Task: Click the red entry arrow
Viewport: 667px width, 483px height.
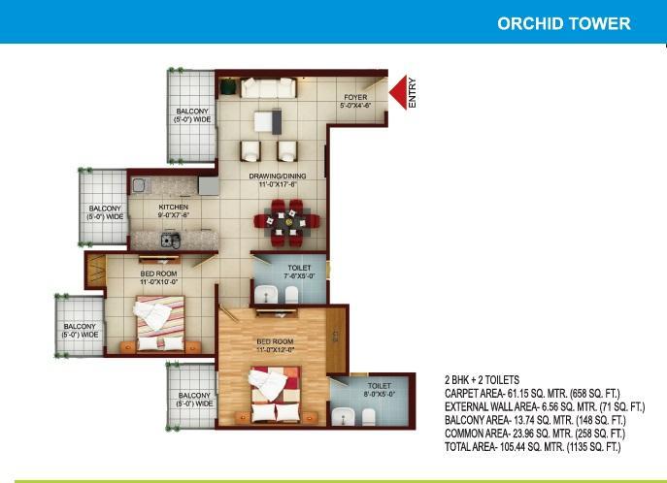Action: coord(398,92)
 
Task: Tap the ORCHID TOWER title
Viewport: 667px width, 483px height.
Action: coord(564,23)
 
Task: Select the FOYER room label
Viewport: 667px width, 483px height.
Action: coord(355,97)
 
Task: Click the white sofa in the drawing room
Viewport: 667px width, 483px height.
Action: coord(268,88)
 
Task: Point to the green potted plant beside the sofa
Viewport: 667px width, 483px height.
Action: coord(228,86)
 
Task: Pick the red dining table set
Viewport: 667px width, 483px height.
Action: coord(287,223)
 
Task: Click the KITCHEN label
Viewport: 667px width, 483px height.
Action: coord(173,207)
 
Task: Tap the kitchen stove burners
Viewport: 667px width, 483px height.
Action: coord(170,240)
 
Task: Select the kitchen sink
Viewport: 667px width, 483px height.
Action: coord(140,185)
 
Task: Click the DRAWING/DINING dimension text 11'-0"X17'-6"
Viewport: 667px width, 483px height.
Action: coord(278,184)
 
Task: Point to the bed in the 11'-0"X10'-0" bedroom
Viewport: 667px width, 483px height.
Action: coord(160,323)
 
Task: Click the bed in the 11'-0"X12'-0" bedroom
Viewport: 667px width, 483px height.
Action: coord(276,395)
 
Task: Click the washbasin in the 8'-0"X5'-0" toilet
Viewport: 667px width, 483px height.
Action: coord(341,416)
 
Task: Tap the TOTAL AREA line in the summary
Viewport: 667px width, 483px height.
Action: coord(533,447)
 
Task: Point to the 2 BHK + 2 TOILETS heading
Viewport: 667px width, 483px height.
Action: coord(482,380)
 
